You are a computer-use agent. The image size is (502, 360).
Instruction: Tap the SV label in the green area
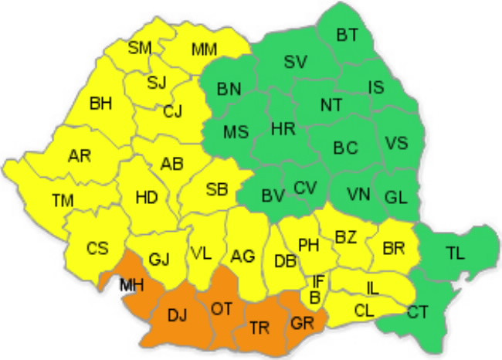point(294,63)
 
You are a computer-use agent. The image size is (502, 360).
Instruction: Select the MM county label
point(204,51)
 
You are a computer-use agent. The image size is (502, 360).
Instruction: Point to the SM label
point(140,48)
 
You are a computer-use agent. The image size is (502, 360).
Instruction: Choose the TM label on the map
point(63,201)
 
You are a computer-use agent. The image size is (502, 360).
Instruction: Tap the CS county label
point(97,249)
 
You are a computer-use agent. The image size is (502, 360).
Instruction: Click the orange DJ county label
point(177,315)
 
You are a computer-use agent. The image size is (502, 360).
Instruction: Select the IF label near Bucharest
point(318,281)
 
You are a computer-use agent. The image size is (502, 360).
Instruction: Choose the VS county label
point(396,143)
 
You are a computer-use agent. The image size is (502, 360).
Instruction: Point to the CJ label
point(173,114)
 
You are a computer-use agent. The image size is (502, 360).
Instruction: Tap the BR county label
point(394,249)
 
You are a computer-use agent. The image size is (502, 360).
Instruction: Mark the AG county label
point(243,256)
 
